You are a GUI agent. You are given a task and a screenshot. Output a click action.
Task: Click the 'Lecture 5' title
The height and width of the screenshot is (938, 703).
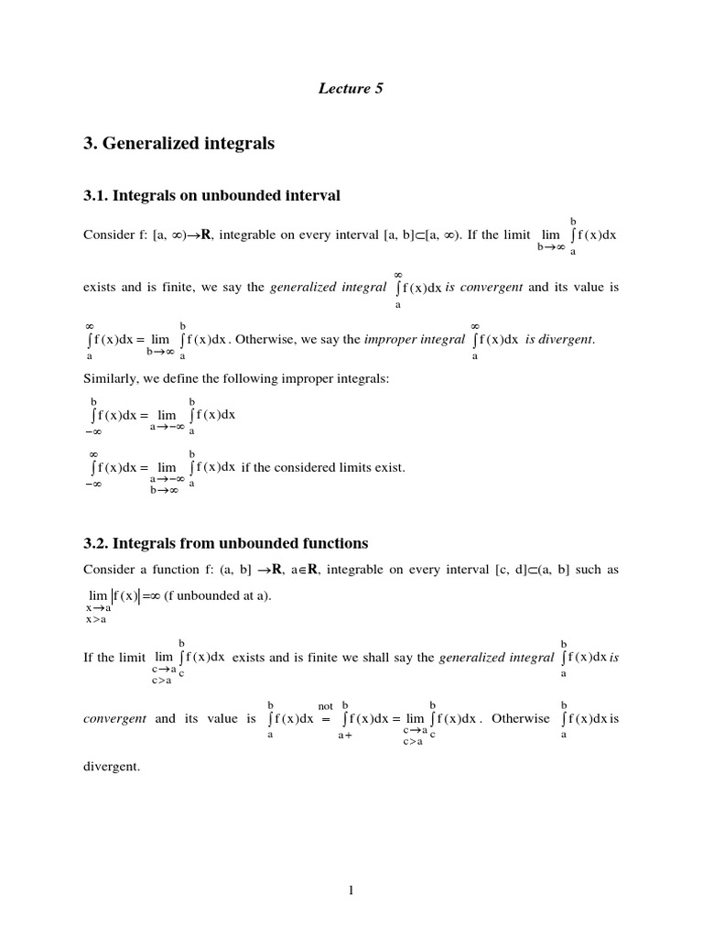(351, 89)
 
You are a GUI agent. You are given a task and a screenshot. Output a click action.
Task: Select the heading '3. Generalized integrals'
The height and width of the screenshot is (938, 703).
(178, 144)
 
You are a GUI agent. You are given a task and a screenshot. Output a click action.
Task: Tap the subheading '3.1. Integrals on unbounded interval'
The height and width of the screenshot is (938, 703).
(211, 194)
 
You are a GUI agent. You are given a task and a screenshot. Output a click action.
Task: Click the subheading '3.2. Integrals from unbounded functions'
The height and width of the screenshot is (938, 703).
(225, 543)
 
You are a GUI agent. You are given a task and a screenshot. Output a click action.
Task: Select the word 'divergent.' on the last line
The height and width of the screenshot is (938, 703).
(112, 767)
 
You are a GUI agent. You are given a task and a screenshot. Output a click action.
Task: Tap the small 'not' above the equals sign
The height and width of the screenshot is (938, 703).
(325, 706)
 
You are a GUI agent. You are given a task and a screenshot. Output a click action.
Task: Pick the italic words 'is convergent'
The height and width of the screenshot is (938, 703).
(484, 287)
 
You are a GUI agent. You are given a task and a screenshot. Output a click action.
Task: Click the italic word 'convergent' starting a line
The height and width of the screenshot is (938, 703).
(114, 719)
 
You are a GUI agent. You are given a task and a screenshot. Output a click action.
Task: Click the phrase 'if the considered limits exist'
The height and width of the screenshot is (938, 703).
(323, 467)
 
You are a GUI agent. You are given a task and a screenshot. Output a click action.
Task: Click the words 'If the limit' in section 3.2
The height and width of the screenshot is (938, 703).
(114, 658)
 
